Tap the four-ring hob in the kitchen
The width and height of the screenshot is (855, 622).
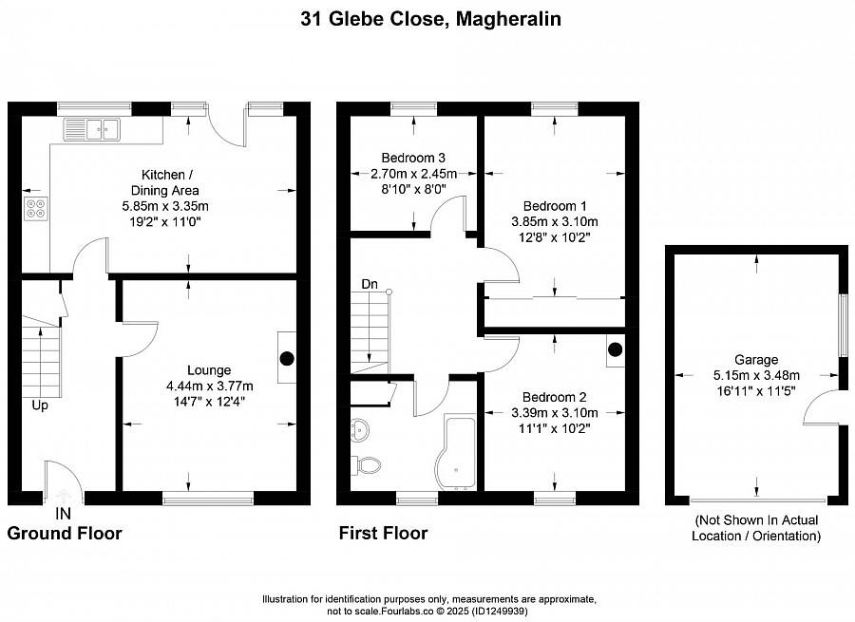[36, 208]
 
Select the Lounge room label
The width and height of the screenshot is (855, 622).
[209, 370]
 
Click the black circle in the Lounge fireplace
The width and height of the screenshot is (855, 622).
[287, 358]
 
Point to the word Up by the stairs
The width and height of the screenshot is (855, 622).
[40, 405]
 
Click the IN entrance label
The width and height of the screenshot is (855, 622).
[64, 514]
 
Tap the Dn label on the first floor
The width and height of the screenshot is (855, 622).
[370, 284]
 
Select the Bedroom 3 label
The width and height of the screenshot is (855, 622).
[413, 158]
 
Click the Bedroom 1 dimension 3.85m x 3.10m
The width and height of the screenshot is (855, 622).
[555, 222]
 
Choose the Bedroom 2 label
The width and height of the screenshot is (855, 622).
[555, 397]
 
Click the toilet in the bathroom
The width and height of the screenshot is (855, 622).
[367, 465]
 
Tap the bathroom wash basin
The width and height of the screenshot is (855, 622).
[360, 429]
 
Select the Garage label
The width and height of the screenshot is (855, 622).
[756, 360]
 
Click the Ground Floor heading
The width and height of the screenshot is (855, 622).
[65, 533]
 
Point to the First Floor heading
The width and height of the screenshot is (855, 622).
[384, 533]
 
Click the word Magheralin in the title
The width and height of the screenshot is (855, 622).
[508, 19]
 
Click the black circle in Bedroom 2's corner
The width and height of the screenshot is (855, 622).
[615, 349]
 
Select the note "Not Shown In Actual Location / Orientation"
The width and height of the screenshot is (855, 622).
[756, 528]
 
